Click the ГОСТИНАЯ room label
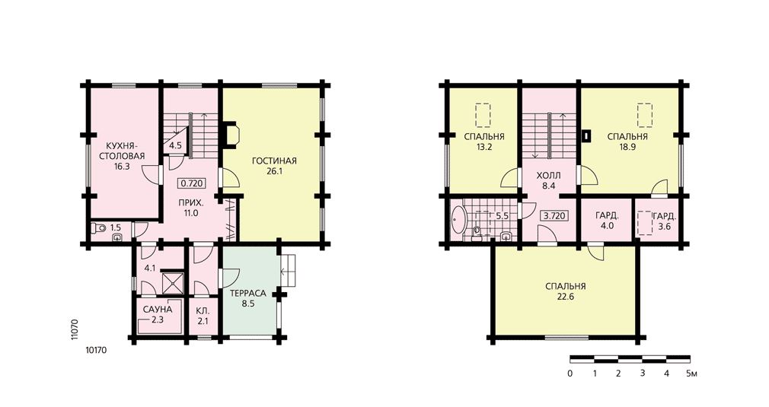[x=274, y=161]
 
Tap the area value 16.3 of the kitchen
[x=122, y=166]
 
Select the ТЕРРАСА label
[x=248, y=294]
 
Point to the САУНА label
[x=158, y=310]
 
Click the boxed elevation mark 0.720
[x=191, y=183]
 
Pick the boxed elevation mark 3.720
[x=555, y=215]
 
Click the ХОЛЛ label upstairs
[x=548, y=175]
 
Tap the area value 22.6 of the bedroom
[x=565, y=297]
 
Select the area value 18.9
[x=627, y=146]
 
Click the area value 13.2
[x=484, y=146]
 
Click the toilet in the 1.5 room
[x=98, y=227]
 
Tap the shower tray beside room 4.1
[x=173, y=282]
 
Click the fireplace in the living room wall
[x=231, y=134]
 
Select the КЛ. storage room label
[x=203, y=311]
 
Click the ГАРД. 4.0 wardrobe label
[x=607, y=215]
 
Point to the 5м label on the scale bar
[x=691, y=374]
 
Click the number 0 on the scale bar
[x=570, y=374]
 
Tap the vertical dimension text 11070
[x=75, y=329]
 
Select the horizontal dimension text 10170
[x=96, y=350]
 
